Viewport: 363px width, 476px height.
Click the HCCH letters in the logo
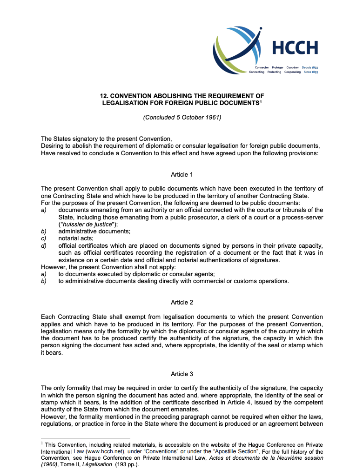point(295,48)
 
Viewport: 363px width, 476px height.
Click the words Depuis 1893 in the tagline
point(310,67)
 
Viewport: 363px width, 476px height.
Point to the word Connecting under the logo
point(257,72)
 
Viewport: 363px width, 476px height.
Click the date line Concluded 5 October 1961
point(182,117)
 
